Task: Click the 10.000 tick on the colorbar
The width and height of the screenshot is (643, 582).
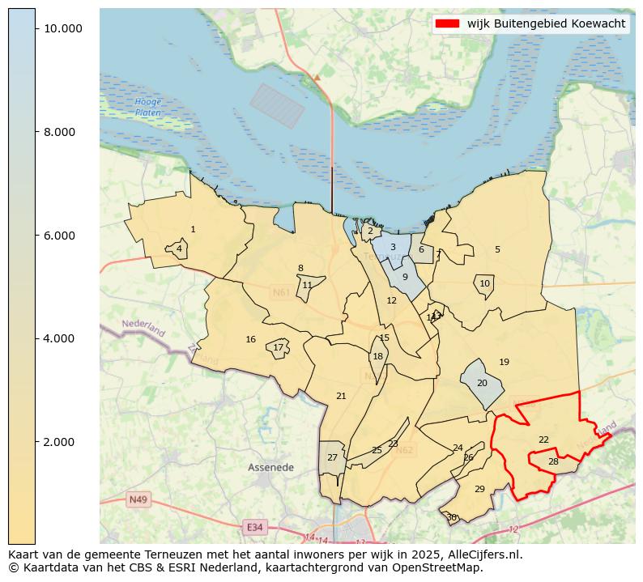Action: click(62, 28)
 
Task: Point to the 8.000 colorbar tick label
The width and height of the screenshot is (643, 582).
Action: click(62, 132)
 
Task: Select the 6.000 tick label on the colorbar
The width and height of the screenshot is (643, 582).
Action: click(62, 236)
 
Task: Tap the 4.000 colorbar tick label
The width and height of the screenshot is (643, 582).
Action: click(62, 338)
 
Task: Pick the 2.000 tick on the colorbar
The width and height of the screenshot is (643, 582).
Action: click(62, 442)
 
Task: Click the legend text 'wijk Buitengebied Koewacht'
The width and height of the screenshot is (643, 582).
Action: click(546, 23)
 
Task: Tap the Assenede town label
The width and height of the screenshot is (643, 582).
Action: click(270, 468)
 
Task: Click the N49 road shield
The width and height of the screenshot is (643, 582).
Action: click(138, 499)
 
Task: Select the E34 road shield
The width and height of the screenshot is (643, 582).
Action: click(254, 527)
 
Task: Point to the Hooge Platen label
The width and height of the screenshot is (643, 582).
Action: click(148, 107)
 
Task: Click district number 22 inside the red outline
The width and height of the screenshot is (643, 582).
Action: click(543, 440)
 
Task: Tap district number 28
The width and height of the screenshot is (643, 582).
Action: click(553, 461)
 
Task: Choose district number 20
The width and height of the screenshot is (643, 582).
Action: click(482, 383)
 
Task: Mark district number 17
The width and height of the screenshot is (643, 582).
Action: click(278, 347)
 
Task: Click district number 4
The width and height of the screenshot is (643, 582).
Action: click(179, 249)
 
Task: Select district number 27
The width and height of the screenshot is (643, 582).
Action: click(332, 457)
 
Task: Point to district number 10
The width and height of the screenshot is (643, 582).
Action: click(484, 283)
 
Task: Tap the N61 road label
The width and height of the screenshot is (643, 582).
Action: click(281, 291)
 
